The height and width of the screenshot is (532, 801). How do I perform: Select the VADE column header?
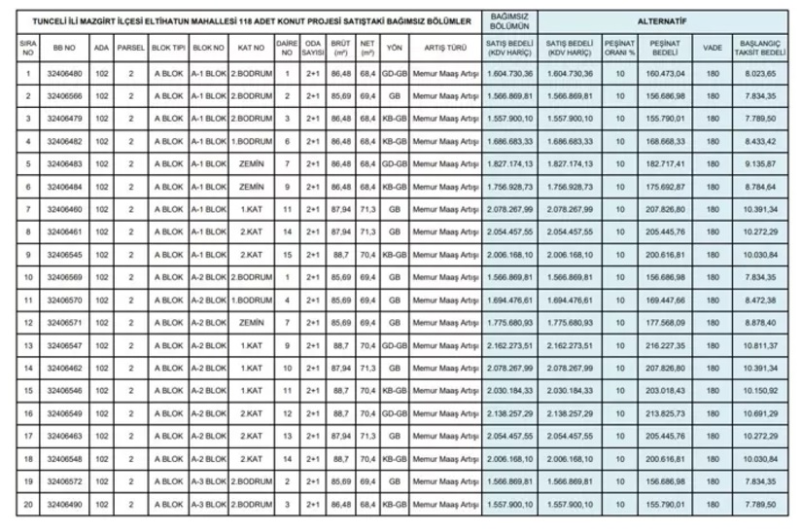(713, 47)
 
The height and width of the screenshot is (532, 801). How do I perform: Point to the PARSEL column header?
(130, 47)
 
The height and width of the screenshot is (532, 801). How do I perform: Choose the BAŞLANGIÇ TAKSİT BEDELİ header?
(759, 47)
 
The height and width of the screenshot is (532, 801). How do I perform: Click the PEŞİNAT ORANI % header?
(619, 47)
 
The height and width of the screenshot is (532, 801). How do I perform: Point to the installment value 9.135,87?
(759, 164)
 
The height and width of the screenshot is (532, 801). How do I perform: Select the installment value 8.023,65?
(759, 73)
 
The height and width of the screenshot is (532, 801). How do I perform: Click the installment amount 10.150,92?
(759, 391)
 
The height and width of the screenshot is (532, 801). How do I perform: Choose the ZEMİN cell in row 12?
(251, 323)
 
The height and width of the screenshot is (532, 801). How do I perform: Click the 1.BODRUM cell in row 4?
(251, 141)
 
